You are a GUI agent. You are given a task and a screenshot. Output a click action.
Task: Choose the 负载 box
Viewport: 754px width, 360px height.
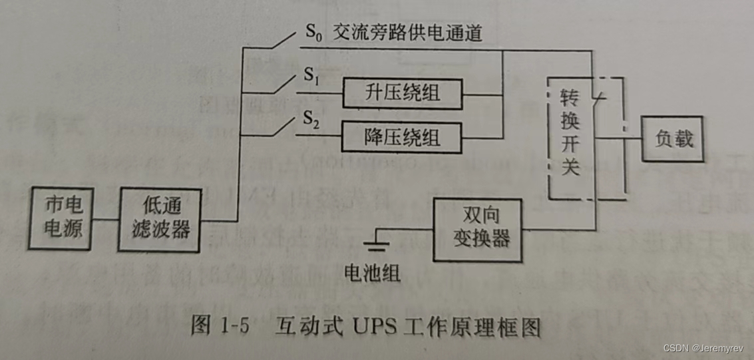671,138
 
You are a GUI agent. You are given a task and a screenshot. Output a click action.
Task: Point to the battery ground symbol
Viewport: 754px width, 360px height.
377,246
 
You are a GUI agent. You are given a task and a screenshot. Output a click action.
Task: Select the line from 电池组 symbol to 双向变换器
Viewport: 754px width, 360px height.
406,230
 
